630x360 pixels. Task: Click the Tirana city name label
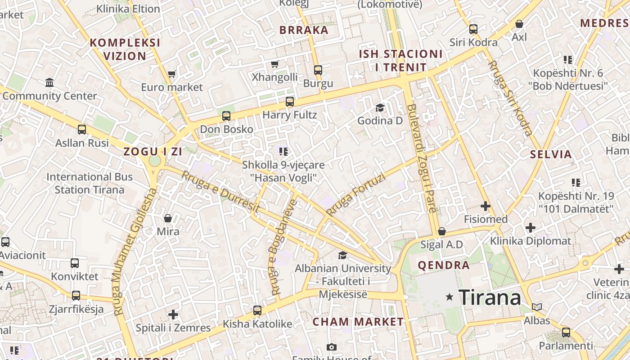click(x=490, y=297)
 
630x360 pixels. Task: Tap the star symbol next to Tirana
click(x=449, y=297)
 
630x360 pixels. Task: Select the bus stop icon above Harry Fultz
click(x=289, y=102)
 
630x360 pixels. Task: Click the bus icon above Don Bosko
click(x=226, y=116)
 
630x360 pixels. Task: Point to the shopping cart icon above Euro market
click(x=171, y=74)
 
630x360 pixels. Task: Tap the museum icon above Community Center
click(x=49, y=83)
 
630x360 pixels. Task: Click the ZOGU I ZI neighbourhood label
click(x=153, y=152)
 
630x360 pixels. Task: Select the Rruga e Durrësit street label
click(x=220, y=192)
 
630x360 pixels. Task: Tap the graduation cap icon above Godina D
click(x=380, y=108)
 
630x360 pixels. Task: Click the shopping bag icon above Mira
click(x=168, y=218)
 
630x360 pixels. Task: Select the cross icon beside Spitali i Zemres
click(x=173, y=315)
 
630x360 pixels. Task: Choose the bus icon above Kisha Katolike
click(x=257, y=310)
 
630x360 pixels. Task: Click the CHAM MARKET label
click(x=358, y=322)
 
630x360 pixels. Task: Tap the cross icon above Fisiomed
click(x=485, y=207)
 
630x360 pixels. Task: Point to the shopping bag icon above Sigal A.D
click(x=441, y=231)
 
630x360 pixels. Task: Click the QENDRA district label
click(x=444, y=265)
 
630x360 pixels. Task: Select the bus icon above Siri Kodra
click(x=473, y=29)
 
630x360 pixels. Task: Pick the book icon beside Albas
click(x=537, y=307)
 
